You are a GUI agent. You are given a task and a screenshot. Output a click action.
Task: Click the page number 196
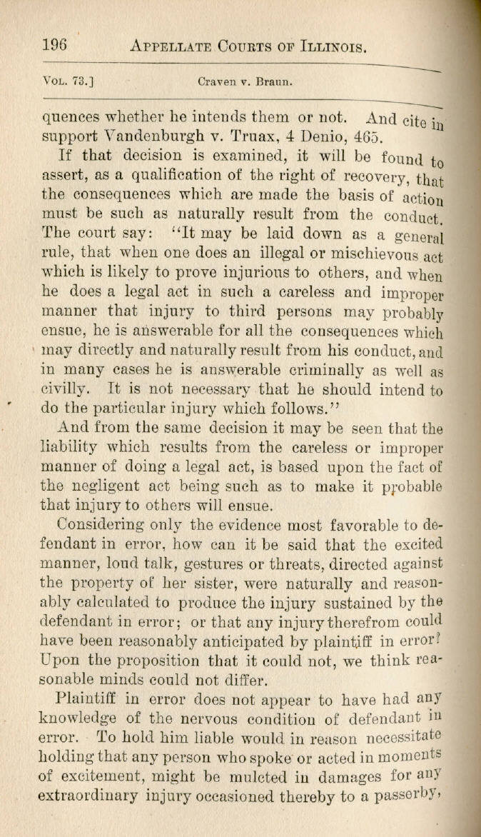(x=54, y=45)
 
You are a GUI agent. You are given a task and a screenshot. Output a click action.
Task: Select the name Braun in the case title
(x=254, y=81)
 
